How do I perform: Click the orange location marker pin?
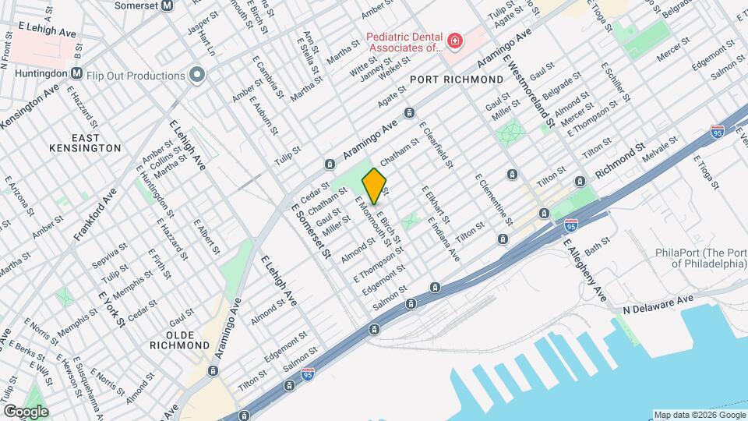pos(374,186)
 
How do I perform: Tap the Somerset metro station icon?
pos(188,5)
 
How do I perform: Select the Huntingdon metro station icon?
pos(76,73)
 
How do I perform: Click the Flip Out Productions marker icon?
pos(197,76)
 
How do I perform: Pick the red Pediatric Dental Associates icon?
pos(453,41)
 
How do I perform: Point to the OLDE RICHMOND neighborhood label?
pos(180,338)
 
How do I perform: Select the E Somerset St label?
pos(312,230)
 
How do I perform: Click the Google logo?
pos(26,411)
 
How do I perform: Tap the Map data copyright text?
pos(699,414)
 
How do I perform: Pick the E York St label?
pos(112,308)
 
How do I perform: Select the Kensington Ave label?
pos(30,108)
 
